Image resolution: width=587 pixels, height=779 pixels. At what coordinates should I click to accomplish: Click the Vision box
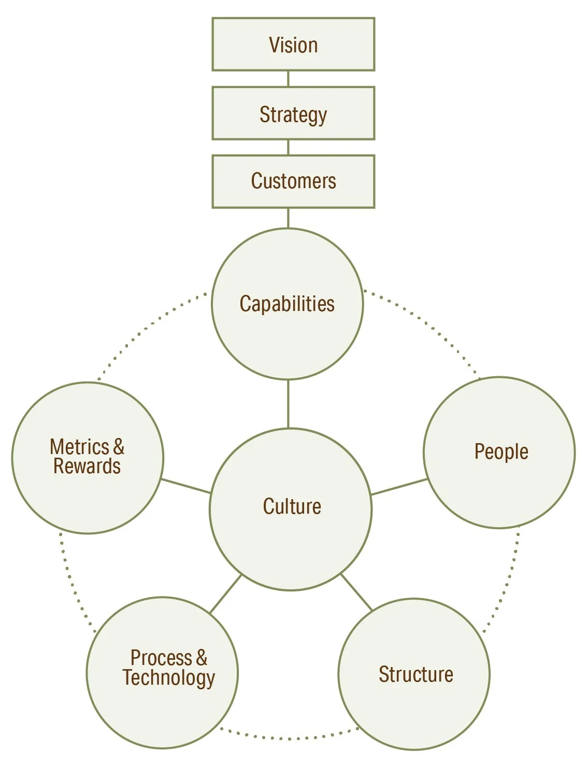click(x=293, y=45)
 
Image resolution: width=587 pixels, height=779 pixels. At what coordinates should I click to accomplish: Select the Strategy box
click(x=293, y=114)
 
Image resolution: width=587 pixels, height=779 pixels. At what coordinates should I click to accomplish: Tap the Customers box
click(x=293, y=181)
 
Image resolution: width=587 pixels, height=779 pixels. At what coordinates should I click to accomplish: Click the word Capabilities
click(x=287, y=304)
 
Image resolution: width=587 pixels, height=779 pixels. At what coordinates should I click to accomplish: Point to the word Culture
click(x=292, y=506)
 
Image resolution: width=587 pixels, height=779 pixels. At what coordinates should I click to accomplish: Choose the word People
click(x=501, y=452)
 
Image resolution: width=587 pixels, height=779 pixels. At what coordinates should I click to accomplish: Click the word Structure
click(x=416, y=674)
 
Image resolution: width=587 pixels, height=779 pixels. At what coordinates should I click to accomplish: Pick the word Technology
click(x=169, y=678)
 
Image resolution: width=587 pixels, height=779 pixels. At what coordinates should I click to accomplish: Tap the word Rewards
click(x=87, y=466)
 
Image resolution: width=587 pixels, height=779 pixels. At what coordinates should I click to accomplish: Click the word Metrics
click(x=79, y=447)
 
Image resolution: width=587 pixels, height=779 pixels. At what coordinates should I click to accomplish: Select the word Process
click(x=161, y=658)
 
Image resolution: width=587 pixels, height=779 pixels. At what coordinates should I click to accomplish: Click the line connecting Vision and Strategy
click(x=288, y=79)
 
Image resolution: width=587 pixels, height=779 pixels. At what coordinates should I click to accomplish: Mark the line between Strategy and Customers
click(x=288, y=147)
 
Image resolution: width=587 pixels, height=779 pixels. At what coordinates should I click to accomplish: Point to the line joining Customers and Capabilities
click(x=288, y=218)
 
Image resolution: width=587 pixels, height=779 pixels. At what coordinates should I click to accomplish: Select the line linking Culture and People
click(x=399, y=487)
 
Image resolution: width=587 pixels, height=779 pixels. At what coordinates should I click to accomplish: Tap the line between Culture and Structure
click(x=356, y=592)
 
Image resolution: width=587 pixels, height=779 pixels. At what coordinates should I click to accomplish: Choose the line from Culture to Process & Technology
click(x=226, y=594)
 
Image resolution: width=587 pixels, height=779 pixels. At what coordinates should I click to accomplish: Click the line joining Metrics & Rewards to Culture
click(x=186, y=486)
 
